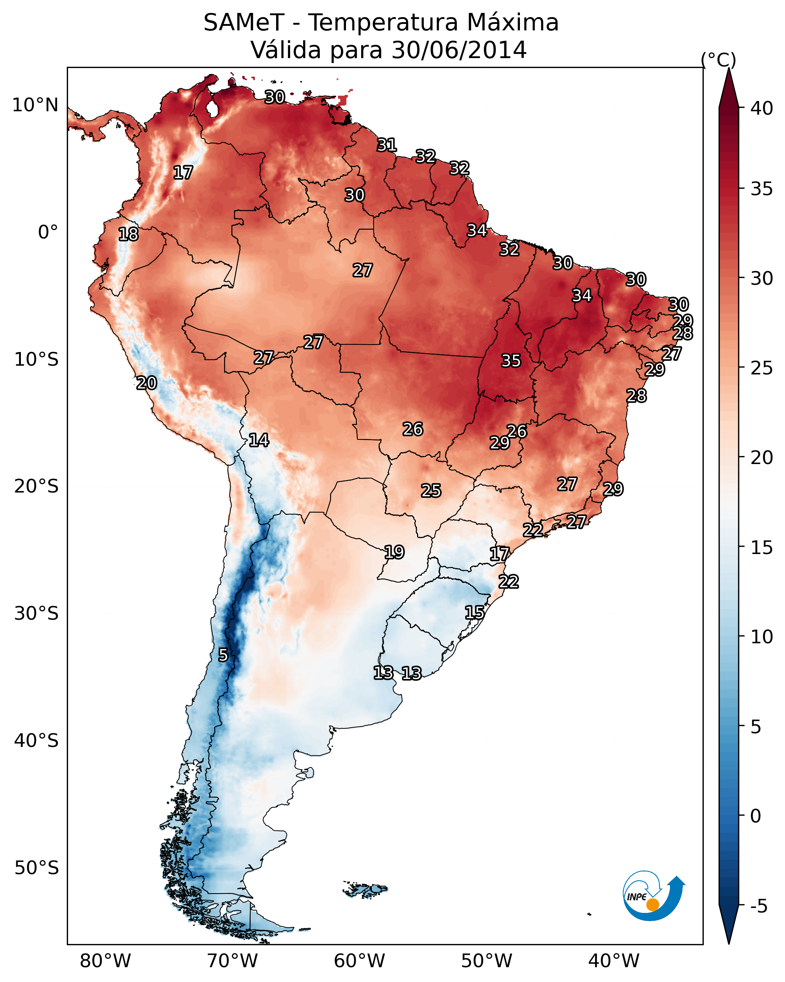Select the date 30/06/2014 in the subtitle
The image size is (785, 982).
click(459, 50)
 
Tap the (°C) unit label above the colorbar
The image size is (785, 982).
click(719, 60)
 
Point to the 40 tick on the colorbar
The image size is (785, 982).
click(762, 108)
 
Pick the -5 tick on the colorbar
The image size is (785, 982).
click(759, 906)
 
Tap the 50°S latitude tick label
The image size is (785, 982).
click(36, 868)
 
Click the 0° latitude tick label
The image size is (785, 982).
click(48, 232)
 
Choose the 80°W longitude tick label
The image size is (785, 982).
click(105, 961)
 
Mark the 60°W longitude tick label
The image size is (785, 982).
click(360, 961)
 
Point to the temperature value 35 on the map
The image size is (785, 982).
click(511, 361)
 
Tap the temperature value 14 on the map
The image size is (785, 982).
click(259, 440)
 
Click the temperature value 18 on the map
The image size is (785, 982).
click(128, 234)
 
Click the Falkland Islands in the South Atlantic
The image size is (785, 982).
click(366, 889)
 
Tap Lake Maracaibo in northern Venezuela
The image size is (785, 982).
click(212, 108)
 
